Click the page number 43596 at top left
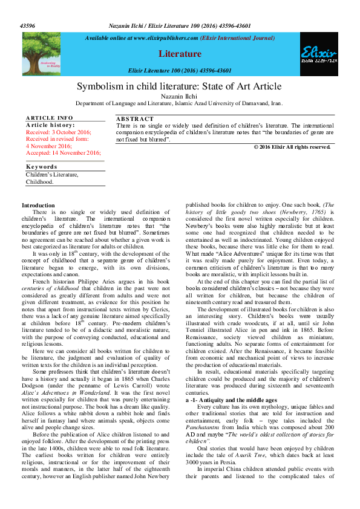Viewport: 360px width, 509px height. tap(27, 27)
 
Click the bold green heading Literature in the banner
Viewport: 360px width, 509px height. tap(179, 54)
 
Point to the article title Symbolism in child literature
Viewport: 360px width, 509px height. tap(179, 86)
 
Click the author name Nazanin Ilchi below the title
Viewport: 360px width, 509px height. tap(179, 96)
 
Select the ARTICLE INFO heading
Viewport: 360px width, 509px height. tap(50, 117)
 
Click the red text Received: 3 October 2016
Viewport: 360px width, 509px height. tap(59, 132)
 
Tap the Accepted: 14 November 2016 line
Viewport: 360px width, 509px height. tap(63, 153)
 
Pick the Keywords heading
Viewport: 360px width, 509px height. tap(41, 167)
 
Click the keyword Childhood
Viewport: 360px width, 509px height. tap(39, 181)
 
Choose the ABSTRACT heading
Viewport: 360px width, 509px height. tap(134, 119)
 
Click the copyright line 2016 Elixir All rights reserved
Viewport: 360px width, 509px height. tap(292, 147)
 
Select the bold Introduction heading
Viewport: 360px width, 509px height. tap(38, 206)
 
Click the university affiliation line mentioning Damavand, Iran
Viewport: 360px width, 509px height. tap(179, 103)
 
